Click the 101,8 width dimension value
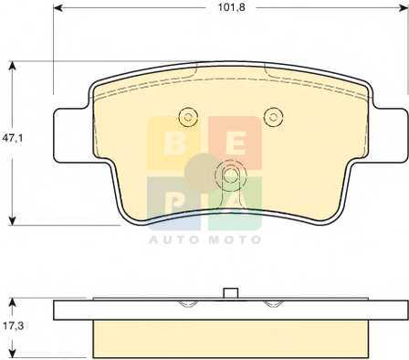click(231, 7)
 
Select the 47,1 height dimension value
click(13, 138)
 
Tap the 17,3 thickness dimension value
click(13, 326)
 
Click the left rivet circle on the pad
click(188, 117)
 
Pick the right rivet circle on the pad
click(274, 116)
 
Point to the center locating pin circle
click(230, 175)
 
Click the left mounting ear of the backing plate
click(71, 135)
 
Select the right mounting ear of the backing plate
click(390, 135)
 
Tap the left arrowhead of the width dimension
click(58, 7)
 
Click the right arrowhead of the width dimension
click(403, 7)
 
